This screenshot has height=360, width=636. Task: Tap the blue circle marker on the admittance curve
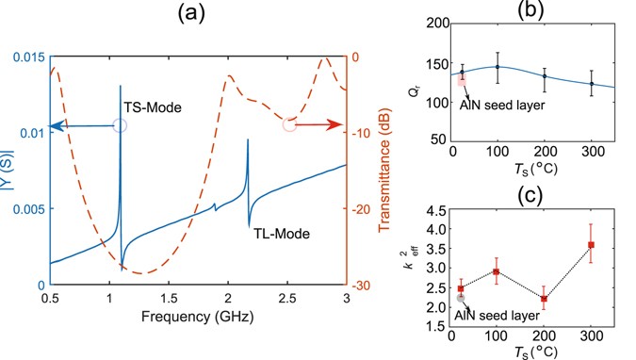[120, 125]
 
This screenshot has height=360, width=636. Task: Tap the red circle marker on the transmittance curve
[289, 124]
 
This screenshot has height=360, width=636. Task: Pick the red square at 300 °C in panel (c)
[591, 245]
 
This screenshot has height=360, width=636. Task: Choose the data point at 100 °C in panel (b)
[497, 67]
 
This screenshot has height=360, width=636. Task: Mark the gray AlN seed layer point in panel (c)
[461, 298]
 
